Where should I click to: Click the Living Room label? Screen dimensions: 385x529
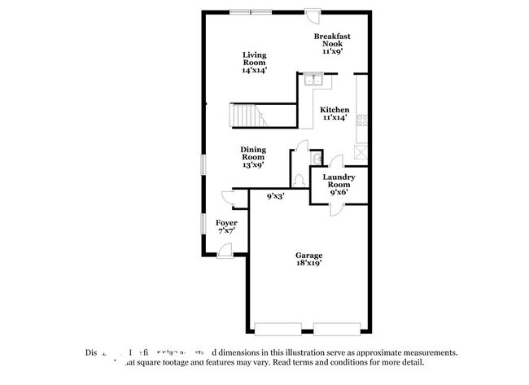[254, 63]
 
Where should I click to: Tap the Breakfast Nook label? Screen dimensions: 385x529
[333, 43]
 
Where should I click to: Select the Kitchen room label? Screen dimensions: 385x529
[334, 113]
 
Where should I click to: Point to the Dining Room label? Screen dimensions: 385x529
[252, 156]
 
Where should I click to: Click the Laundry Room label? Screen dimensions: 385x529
[338, 183]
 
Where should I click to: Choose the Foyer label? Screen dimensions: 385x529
[226, 226]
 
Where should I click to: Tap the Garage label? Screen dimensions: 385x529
[308, 259]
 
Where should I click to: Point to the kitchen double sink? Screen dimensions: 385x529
[314, 79]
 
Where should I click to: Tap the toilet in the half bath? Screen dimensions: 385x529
[299, 181]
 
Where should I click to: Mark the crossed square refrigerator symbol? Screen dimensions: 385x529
[361, 151]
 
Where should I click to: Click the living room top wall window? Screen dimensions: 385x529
[250, 11]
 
